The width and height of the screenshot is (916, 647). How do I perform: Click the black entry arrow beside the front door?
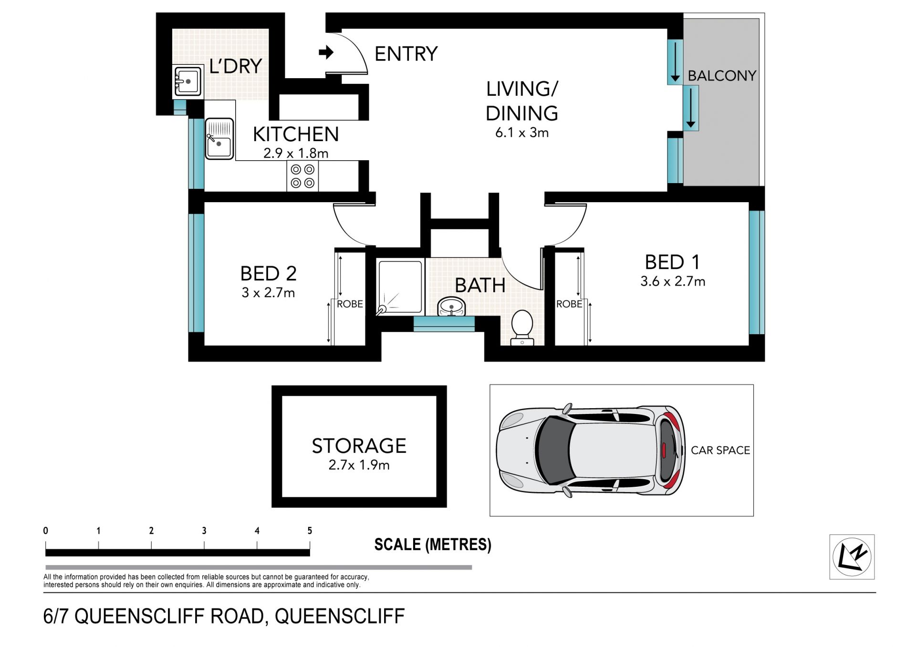coord(326,52)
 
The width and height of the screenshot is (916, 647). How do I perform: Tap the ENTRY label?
coord(406,54)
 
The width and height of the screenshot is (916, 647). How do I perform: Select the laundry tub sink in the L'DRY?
coord(187,81)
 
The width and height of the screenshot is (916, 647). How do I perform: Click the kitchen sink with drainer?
coord(219,138)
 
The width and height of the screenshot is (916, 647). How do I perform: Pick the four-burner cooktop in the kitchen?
coord(302,176)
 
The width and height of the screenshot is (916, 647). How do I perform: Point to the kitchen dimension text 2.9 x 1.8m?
coord(296,153)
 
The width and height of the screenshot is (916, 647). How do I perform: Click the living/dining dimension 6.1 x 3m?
coord(522,133)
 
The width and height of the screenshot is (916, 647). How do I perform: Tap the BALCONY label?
coord(722,76)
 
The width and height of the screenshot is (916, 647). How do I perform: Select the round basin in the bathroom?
coord(451,306)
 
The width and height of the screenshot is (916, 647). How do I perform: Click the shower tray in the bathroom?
coord(400,287)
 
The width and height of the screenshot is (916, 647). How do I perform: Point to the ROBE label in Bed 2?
coord(350,304)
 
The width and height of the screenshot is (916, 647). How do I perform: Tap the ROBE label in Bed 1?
coord(569,304)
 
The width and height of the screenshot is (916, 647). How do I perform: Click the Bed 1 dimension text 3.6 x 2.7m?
coord(673,281)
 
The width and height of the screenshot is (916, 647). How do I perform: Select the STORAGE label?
coord(359,446)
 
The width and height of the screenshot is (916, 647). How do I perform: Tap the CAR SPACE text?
coord(720,450)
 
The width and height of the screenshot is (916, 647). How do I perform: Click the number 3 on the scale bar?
coord(204,531)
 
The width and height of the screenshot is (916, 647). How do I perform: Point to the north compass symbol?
coord(852,556)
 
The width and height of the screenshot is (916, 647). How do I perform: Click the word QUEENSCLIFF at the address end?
coord(339,616)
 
